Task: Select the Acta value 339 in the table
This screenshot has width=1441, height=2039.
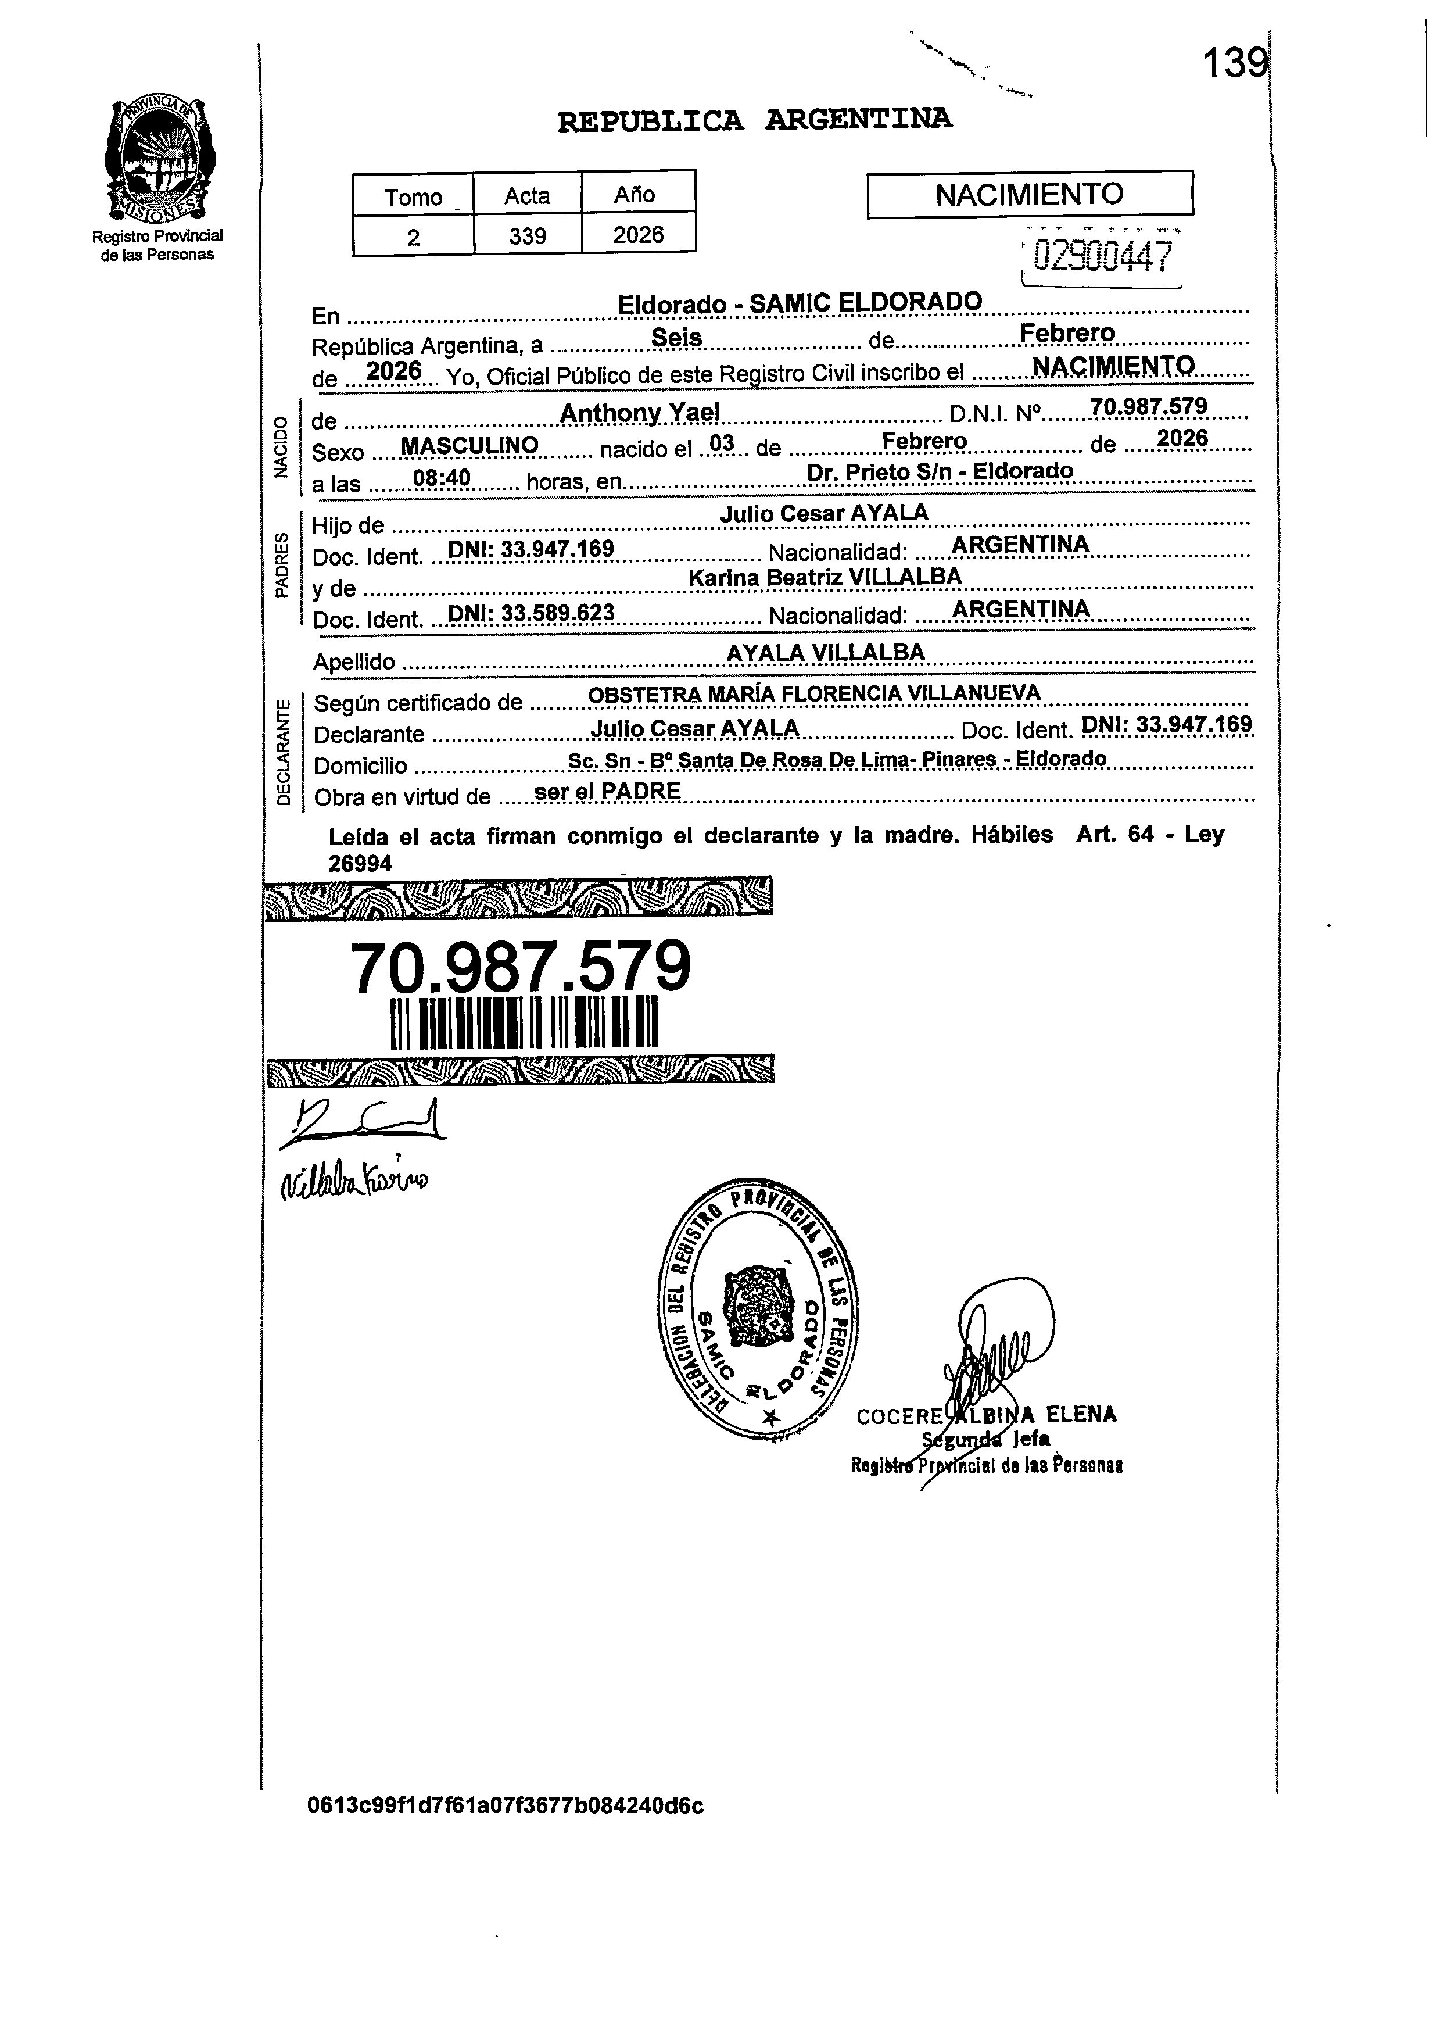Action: pyautogui.click(x=528, y=236)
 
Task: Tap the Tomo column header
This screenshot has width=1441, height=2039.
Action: pyautogui.click(x=413, y=196)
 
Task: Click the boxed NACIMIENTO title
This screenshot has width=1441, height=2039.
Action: pyautogui.click(x=1029, y=195)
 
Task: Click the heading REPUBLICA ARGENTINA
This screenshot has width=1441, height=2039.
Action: pyautogui.click(x=755, y=120)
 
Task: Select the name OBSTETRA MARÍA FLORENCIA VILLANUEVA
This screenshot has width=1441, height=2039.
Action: pyautogui.click(x=814, y=693)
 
